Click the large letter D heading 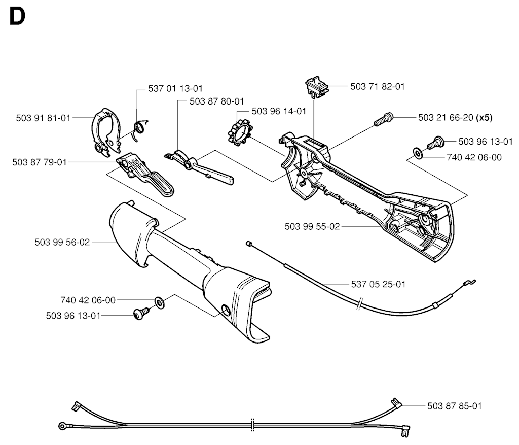pyautogui.click(x=17, y=17)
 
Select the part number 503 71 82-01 pyautogui.click(x=377, y=86)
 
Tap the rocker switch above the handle pyautogui.click(x=316, y=87)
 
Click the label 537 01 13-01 pyautogui.click(x=175, y=88)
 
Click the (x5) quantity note pyautogui.click(x=484, y=118)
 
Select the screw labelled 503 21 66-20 pyautogui.click(x=384, y=120)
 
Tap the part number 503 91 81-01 pyautogui.click(x=44, y=118)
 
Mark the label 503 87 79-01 pyautogui.click(x=40, y=162)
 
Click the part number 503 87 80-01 pyautogui.click(x=216, y=101)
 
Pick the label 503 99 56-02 pyautogui.click(x=62, y=243)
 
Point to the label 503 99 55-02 pyautogui.click(x=312, y=227)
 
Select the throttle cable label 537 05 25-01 pyautogui.click(x=378, y=284)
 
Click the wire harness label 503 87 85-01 pyautogui.click(x=455, y=406)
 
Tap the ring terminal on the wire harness pyautogui.click(x=62, y=426)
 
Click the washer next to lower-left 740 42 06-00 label pyautogui.click(x=160, y=303)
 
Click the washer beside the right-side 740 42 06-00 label pyautogui.click(x=418, y=153)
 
